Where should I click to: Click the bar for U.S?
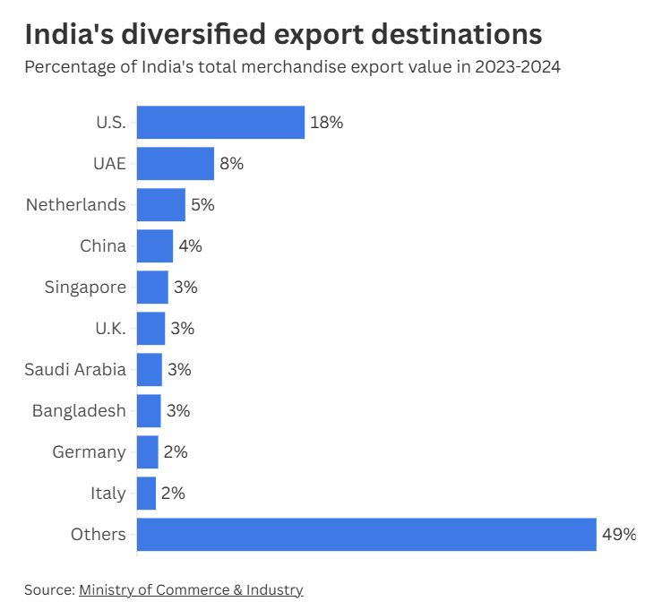[220, 123]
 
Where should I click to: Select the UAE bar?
[176, 164]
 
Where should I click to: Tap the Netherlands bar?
[161, 205]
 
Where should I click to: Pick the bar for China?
[155, 245]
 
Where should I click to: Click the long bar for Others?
[366, 534]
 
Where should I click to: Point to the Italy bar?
[146, 493]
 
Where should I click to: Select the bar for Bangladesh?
[149, 411]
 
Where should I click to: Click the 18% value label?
[327, 123]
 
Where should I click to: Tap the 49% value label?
[619, 535]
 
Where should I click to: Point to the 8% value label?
[231, 164]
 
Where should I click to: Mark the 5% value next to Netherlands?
[202, 205]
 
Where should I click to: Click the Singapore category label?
[85, 288]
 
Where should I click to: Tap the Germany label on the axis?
[89, 452]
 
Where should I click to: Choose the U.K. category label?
[110, 329]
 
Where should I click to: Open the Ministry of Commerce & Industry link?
[191, 589]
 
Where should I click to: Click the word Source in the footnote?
[48, 589]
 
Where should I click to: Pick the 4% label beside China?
[190, 246]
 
